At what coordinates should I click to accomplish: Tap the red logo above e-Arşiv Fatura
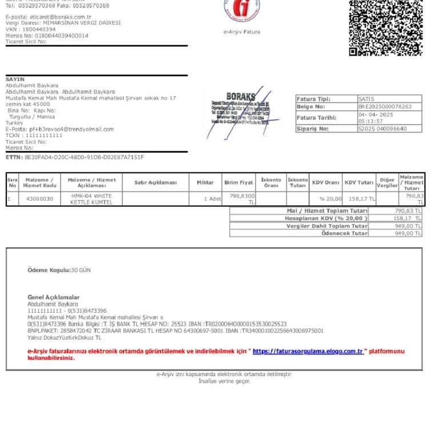point(242,8)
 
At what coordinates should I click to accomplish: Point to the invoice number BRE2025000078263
point(385,107)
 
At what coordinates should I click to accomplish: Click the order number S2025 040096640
point(382,129)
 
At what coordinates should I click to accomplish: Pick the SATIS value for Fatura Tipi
point(366,99)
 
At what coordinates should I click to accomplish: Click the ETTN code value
point(84,157)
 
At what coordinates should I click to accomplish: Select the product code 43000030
point(39,199)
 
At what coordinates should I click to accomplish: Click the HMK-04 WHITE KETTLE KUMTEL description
point(91,199)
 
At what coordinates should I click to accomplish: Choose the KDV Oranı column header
point(325,182)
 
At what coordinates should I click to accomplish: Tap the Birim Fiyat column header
point(238,182)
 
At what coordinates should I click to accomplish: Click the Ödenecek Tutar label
point(344,233)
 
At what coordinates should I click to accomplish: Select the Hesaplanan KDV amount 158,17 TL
point(407,218)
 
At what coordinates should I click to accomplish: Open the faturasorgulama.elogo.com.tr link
point(308,351)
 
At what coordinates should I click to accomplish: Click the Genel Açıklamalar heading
point(54,297)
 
